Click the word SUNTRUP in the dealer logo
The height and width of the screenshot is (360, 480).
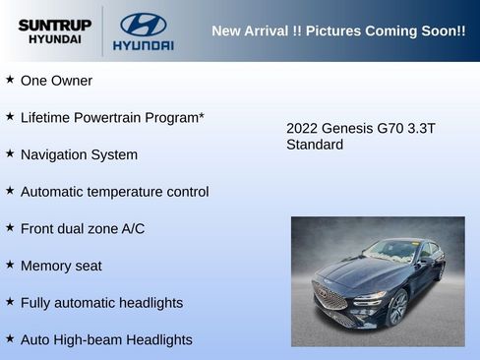tap(54, 24)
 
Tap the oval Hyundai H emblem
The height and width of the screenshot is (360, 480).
tap(143, 25)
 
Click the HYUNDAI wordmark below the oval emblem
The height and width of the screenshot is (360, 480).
tap(143, 45)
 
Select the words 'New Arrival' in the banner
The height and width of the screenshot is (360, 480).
tap(250, 31)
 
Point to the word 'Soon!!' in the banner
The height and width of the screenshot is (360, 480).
tap(444, 31)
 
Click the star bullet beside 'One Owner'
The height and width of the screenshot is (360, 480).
tap(10, 80)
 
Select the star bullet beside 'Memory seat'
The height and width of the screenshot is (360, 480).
tap(10, 265)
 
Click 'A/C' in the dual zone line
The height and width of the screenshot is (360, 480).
tap(133, 228)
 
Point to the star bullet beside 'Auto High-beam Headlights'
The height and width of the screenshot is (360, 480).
tap(10, 338)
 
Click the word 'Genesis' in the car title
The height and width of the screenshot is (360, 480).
tap(347, 128)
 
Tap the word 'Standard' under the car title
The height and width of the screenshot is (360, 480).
tap(315, 145)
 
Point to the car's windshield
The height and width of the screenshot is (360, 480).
tap(390, 252)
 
